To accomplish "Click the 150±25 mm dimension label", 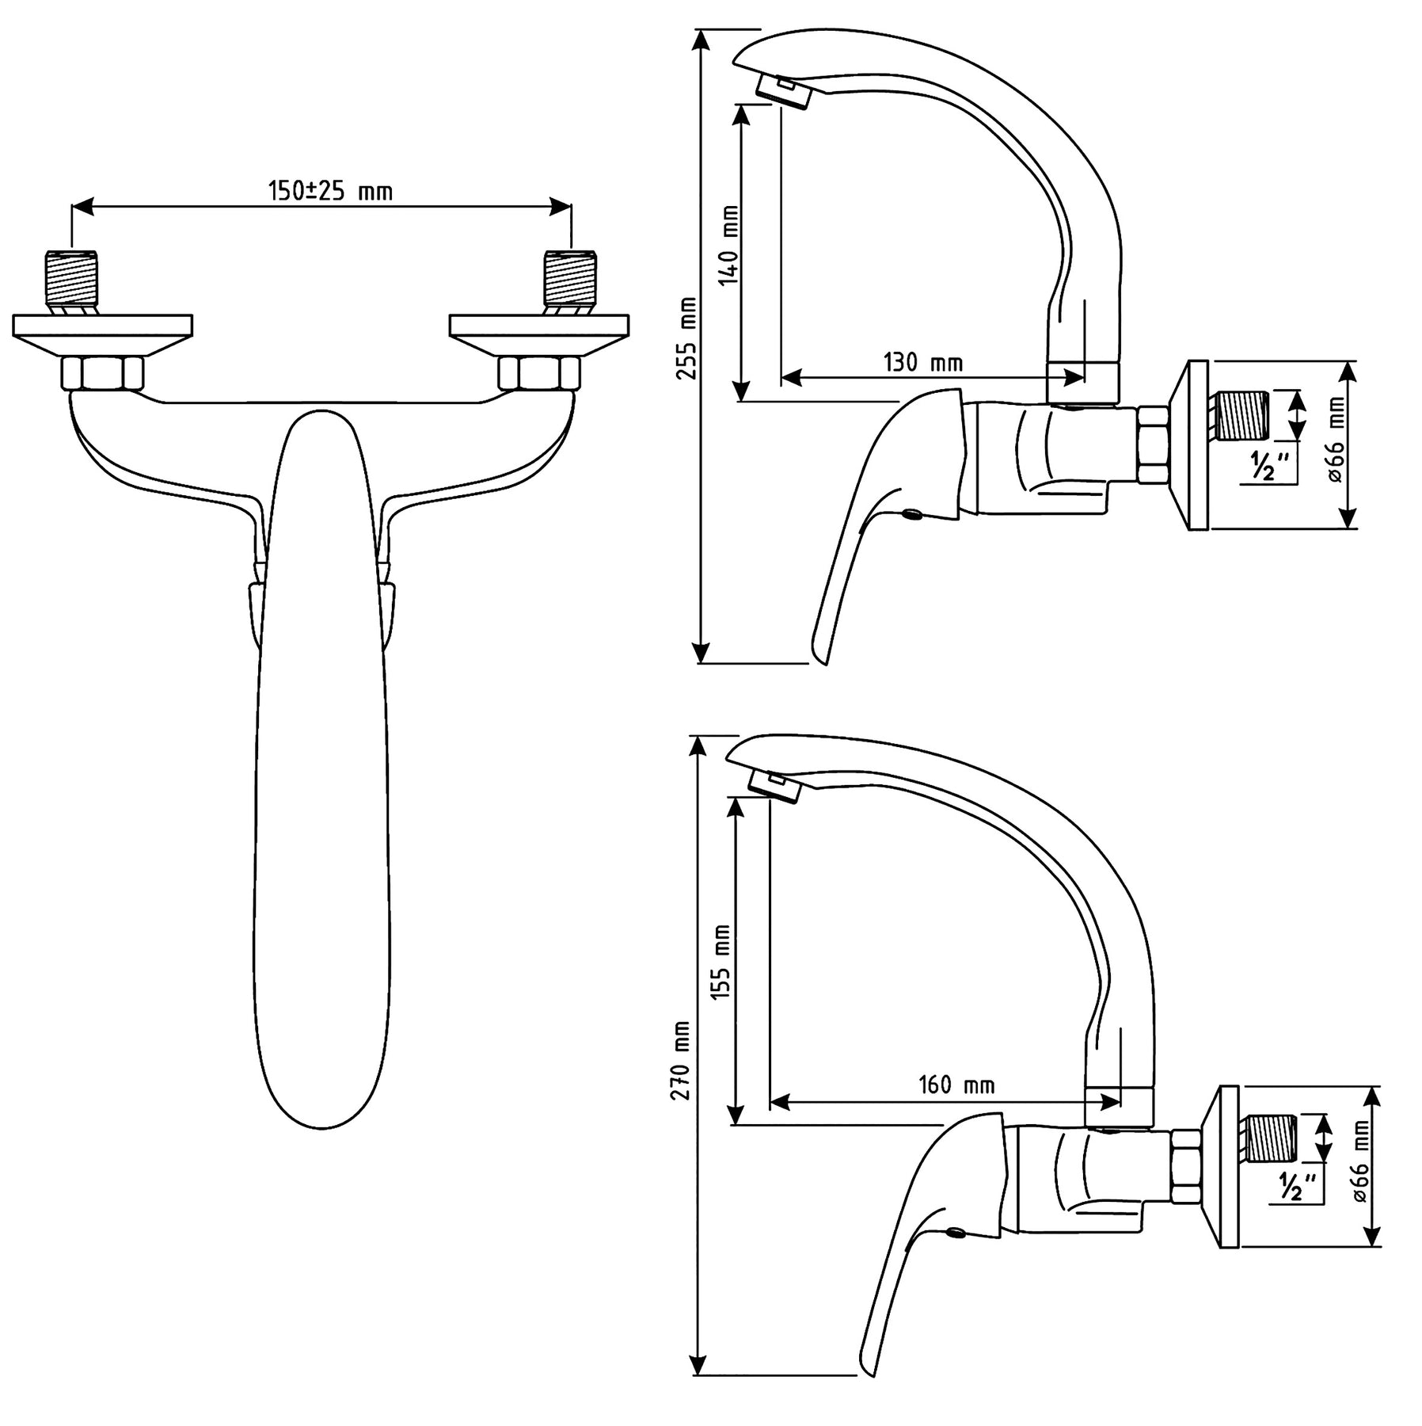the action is tap(330, 191).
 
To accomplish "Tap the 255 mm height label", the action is tap(687, 338).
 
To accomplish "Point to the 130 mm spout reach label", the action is tap(923, 363).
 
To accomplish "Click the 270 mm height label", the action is tap(681, 1060).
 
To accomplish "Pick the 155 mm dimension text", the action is tap(722, 963).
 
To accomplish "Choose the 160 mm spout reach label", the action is tap(956, 1085).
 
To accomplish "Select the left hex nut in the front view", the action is tap(103, 373).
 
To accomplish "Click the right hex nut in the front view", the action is tap(539, 373).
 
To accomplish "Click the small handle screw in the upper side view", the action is tap(912, 516).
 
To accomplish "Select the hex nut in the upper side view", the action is tap(1154, 444).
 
